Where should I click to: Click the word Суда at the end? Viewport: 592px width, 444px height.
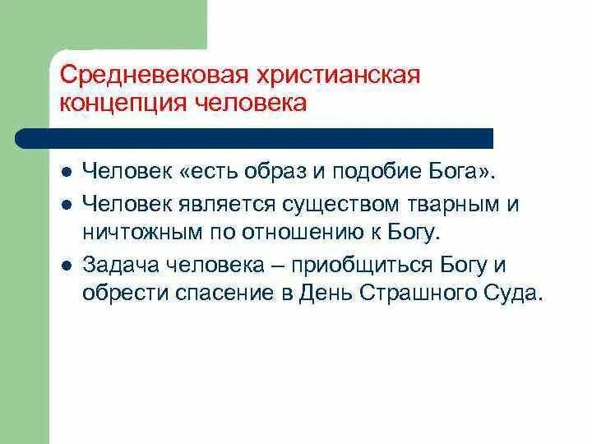point(516,293)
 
